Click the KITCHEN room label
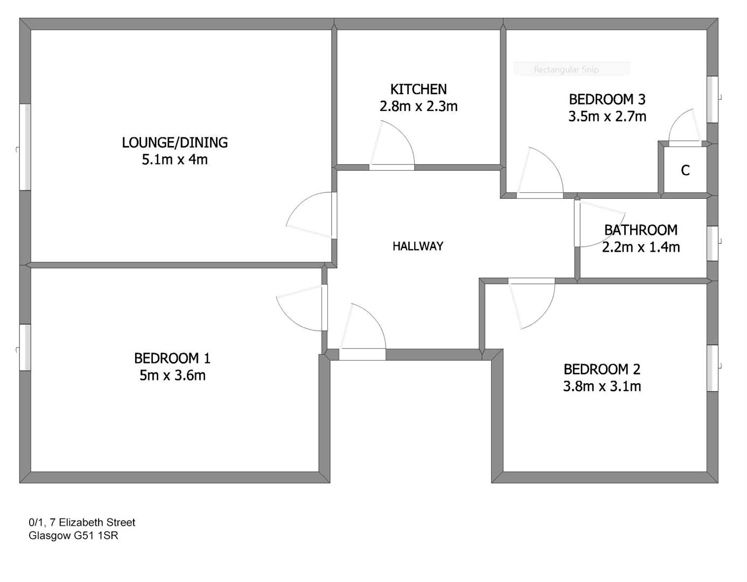point(418,89)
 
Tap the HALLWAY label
point(418,246)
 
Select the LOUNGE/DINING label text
point(174,142)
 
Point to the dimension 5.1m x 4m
point(174,160)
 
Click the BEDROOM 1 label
point(172,358)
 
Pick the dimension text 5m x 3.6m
point(172,375)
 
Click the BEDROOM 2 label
point(602,369)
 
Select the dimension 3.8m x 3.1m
point(602,386)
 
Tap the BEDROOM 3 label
point(607,99)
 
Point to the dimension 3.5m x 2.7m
point(607,116)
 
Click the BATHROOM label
point(640,230)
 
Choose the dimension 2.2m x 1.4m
point(640,247)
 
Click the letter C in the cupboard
point(685,170)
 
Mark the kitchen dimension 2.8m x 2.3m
point(418,106)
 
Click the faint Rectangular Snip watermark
point(566,69)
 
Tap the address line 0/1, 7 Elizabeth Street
point(82,522)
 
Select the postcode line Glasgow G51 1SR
point(73,536)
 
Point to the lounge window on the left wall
point(25,147)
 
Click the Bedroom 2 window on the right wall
point(713,368)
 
